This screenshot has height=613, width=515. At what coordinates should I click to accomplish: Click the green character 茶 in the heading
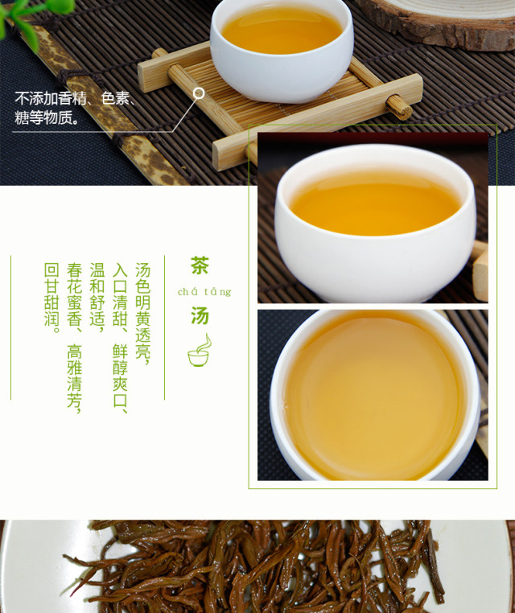(x=200, y=265)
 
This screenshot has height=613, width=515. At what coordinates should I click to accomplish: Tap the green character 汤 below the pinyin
(x=200, y=315)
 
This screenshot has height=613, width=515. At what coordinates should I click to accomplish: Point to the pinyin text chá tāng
(x=204, y=292)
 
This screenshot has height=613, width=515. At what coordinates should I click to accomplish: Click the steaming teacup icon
(x=200, y=350)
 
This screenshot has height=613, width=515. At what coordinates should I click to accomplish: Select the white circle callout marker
(x=199, y=93)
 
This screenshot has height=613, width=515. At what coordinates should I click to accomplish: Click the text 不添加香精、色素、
(x=76, y=98)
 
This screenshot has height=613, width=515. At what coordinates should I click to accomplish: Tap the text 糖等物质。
(x=47, y=117)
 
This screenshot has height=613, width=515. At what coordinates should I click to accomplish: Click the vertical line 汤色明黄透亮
(x=142, y=313)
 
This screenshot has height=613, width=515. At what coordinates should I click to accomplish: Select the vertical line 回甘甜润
(x=52, y=298)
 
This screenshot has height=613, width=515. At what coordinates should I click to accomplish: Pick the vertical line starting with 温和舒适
(x=97, y=298)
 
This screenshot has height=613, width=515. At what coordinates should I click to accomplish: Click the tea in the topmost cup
(x=282, y=29)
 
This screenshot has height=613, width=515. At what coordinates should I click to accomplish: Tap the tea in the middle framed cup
(x=375, y=204)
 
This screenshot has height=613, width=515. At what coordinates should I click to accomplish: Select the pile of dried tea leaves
(x=258, y=567)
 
